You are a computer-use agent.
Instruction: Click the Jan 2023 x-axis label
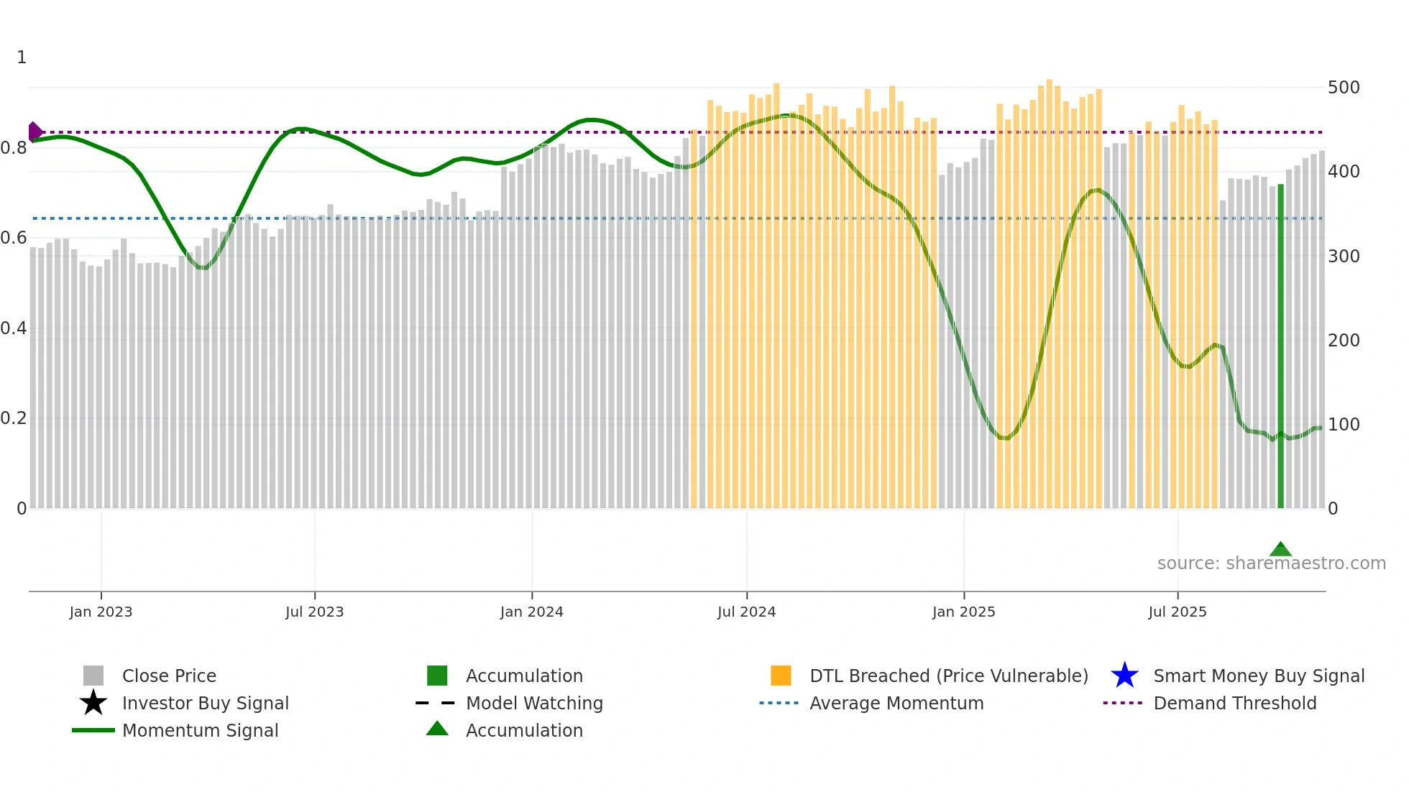pos(101,612)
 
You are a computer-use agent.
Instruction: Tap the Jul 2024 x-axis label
pos(746,612)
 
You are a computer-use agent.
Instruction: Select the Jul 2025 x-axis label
pos(1177,612)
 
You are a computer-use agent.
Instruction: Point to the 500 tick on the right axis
pos(1343,88)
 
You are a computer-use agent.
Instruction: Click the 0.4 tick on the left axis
pos(14,328)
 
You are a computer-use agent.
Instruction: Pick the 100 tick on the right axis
pos(1343,425)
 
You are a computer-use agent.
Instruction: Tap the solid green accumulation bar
pos(1280,345)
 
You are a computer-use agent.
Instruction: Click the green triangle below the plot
pos(1280,550)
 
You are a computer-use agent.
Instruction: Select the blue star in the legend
pos(1124,676)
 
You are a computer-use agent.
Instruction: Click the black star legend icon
pos(93,703)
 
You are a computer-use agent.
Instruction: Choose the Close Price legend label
pos(169,676)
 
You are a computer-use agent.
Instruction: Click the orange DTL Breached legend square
pos(781,676)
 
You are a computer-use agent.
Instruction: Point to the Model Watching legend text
pos(534,703)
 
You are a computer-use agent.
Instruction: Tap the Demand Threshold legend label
pos(1234,703)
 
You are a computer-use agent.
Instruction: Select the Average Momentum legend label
pos(896,703)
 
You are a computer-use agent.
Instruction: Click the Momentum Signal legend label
pos(200,730)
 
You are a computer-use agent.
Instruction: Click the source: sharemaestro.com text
pos(1271,563)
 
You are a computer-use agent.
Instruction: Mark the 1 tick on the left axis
pos(22,57)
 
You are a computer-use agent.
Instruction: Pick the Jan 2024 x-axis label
pos(531,612)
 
